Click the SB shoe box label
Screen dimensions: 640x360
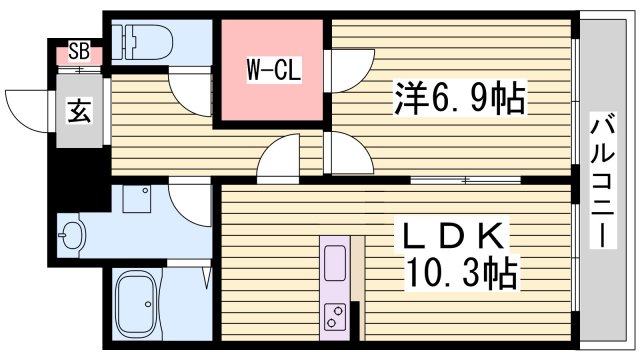coord(77,51)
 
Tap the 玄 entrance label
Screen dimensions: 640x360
coord(77,111)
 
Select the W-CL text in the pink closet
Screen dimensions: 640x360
coord(269,70)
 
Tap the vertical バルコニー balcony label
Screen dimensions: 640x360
coord(604,180)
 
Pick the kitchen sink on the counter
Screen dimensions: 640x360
coord(334,262)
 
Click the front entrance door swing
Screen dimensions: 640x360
coord(31,104)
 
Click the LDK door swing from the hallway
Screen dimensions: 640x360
coord(280,160)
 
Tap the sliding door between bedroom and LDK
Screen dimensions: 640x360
coord(466,180)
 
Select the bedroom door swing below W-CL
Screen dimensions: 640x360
coord(345,154)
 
